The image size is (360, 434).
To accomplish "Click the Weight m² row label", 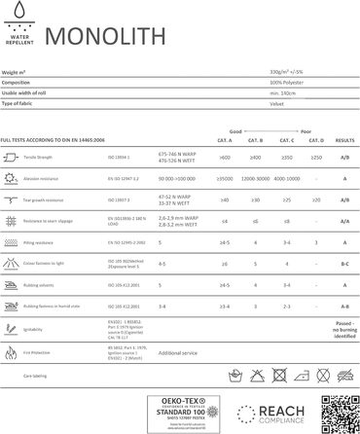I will (x=18, y=74).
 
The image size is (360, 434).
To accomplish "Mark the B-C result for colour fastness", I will (x=342, y=263).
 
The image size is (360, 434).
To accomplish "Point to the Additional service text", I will (x=176, y=354).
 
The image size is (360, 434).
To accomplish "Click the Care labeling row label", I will (x=40, y=374).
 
